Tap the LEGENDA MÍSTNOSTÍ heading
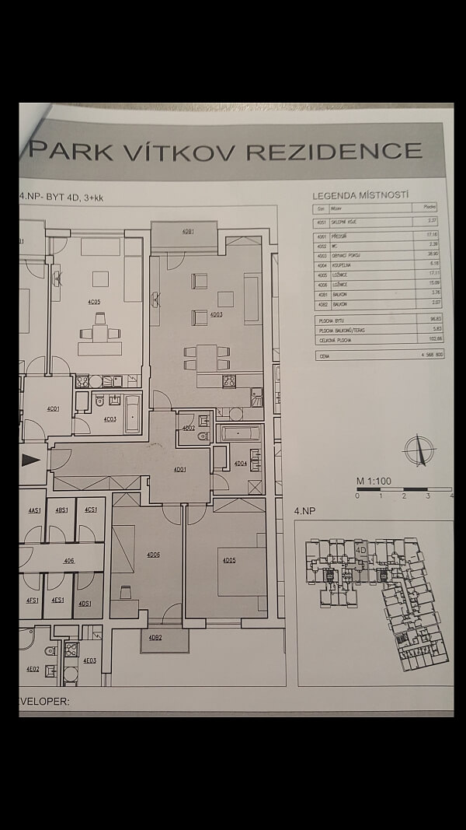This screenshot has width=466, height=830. tap(360, 195)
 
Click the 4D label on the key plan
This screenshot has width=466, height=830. tap(360, 548)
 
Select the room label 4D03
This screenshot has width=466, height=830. tap(216, 314)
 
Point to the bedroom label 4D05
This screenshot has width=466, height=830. tap(228, 560)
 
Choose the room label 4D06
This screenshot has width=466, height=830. tap(153, 555)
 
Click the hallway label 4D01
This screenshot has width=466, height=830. tap(179, 469)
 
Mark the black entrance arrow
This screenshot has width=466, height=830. tap(31, 459)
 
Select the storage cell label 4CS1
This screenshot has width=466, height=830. tap(91, 510)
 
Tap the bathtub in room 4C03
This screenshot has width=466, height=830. tap(133, 414)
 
